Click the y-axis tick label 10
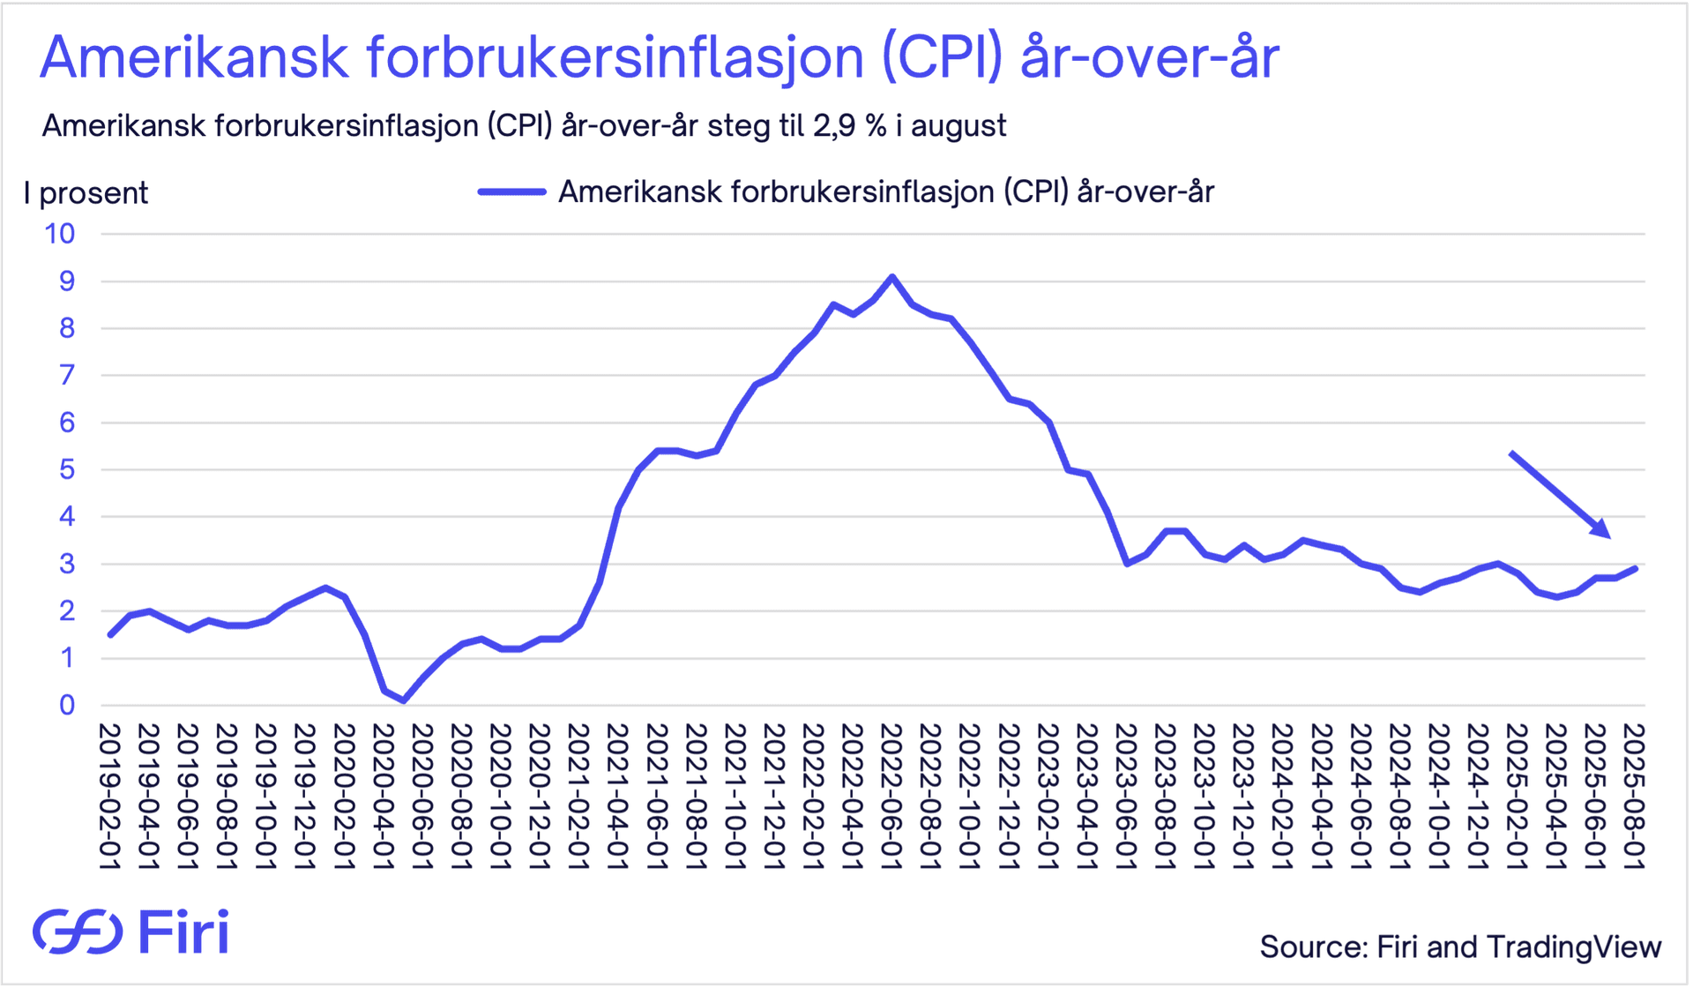click(x=60, y=234)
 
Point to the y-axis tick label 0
click(x=67, y=705)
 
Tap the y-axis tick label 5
click(x=67, y=469)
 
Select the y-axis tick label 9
click(x=67, y=281)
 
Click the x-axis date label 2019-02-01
click(x=109, y=797)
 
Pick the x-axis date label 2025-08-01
click(x=1634, y=797)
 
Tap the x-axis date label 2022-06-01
click(x=891, y=797)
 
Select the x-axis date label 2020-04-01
click(x=383, y=797)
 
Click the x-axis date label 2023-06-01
click(x=1126, y=797)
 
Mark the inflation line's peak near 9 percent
click(x=892, y=277)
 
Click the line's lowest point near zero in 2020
click(x=404, y=700)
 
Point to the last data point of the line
click(x=1637, y=568)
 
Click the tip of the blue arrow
click(x=1609, y=536)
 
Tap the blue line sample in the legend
click(x=511, y=192)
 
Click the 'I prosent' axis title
click(x=86, y=193)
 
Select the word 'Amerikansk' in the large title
click(x=194, y=58)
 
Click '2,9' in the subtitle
click(x=833, y=126)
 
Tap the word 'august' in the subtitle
click(x=958, y=127)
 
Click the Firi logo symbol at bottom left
click(x=78, y=932)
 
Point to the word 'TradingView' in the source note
click(x=1574, y=947)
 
